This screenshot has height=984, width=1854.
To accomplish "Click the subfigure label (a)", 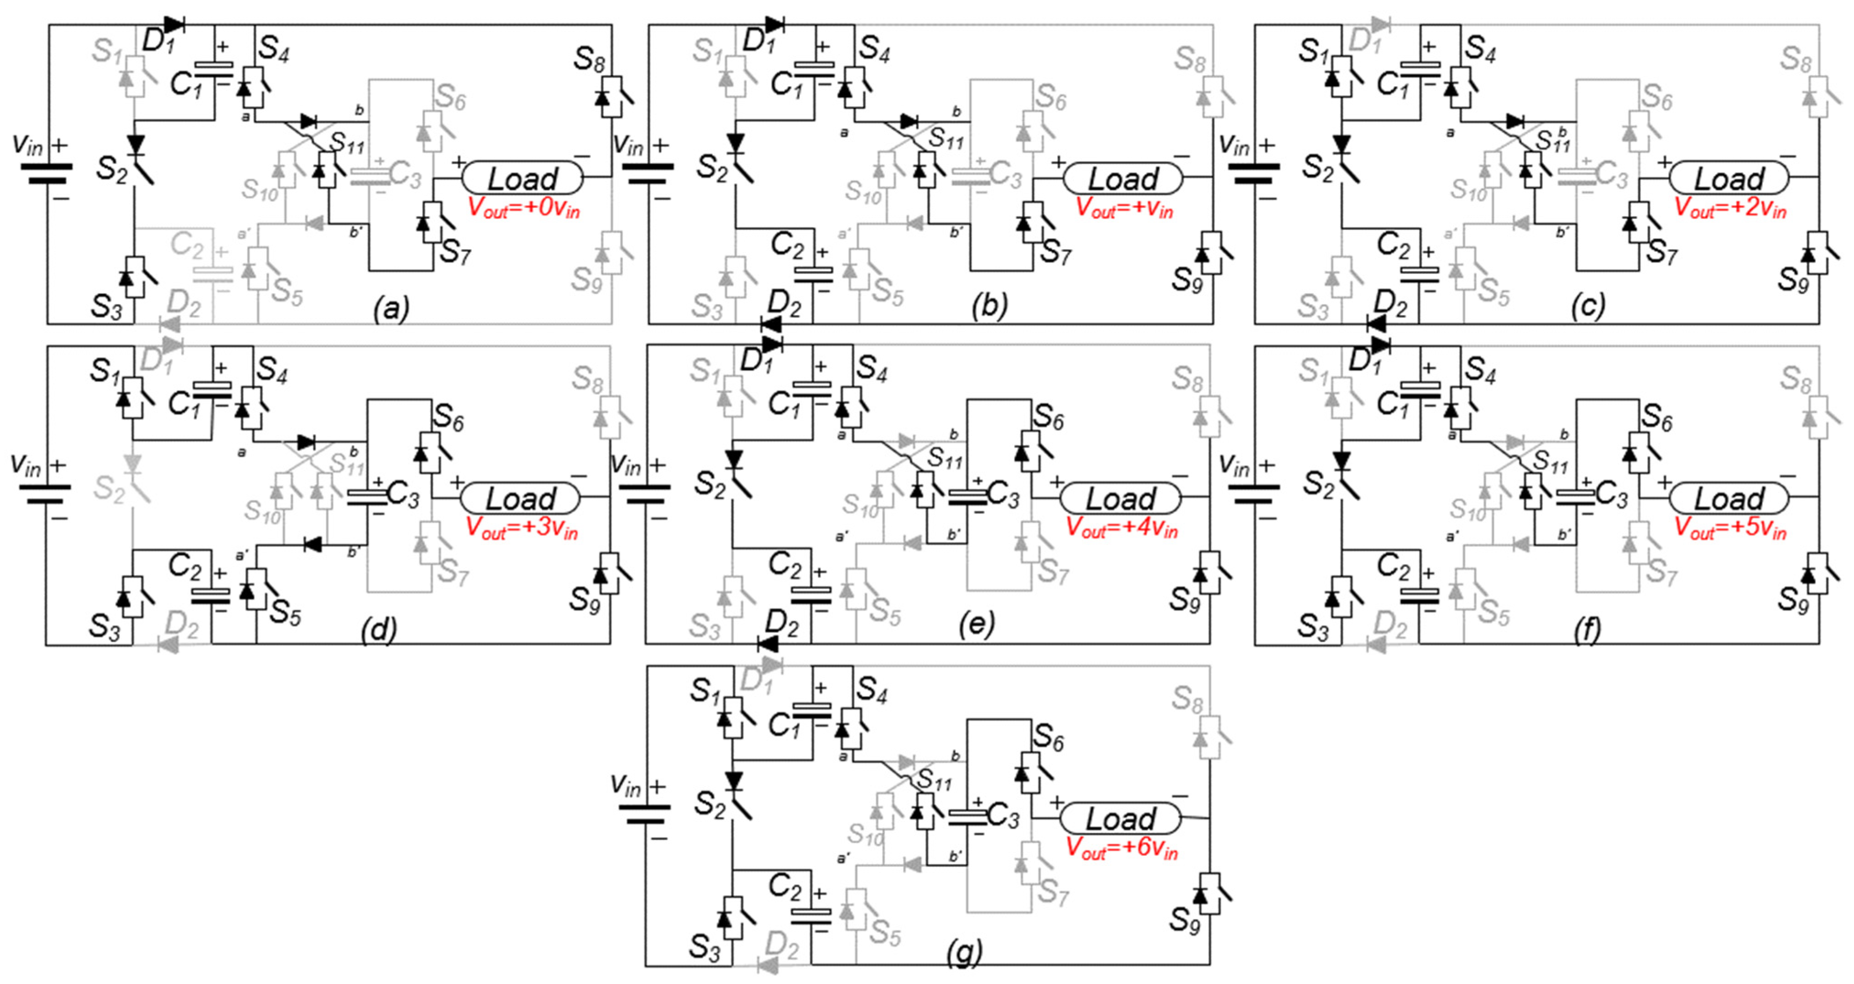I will click(x=391, y=308).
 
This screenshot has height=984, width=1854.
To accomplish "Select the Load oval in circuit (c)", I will click(x=1728, y=178).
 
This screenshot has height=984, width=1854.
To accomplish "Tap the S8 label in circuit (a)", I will click(x=588, y=59).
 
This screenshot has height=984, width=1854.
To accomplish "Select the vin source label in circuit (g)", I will click(x=625, y=786).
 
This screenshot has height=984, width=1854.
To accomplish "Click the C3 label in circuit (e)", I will click(x=1002, y=495).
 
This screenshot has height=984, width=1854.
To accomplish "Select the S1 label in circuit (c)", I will click(x=1313, y=52).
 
